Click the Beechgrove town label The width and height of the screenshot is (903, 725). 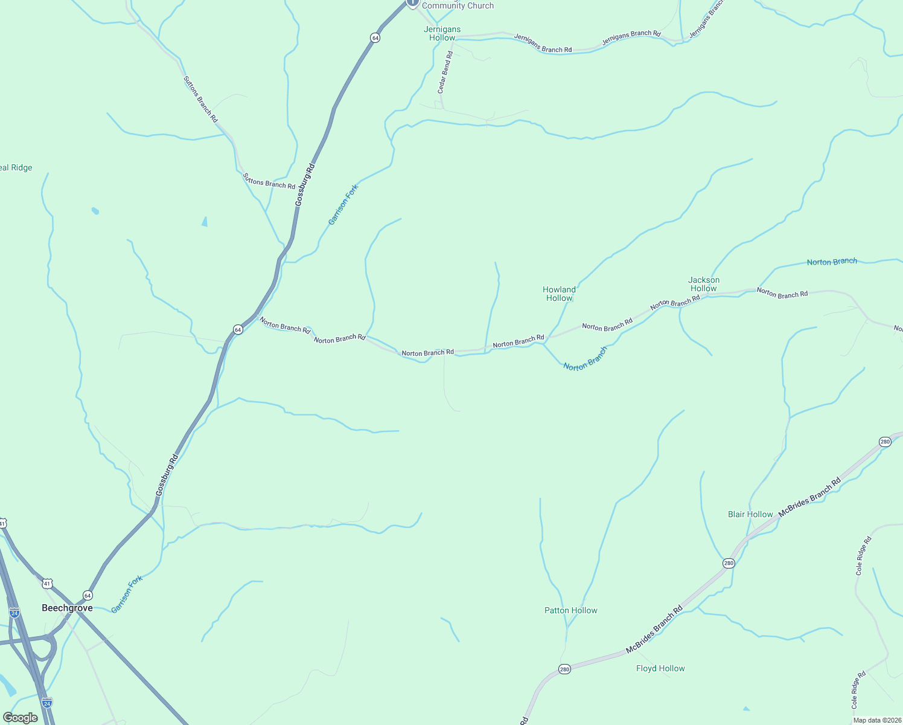click(x=67, y=608)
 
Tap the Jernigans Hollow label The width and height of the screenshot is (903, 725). click(x=442, y=33)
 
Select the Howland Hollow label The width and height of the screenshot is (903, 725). click(x=559, y=294)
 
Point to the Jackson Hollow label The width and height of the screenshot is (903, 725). click(x=704, y=284)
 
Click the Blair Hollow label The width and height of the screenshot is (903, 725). click(x=750, y=514)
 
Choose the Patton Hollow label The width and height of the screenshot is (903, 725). click(x=570, y=610)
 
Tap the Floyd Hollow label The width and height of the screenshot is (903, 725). click(x=660, y=668)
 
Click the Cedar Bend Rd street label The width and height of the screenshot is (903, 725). click(x=444, y=72)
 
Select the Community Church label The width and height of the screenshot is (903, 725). click(x=458, y=5)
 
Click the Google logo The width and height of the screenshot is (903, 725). click(x=20, y=718)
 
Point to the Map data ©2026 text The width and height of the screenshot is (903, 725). click(x=876, y=720)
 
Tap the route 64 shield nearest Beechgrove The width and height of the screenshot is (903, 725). click(x=88, y=595)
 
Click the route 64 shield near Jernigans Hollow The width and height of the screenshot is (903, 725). click(x=375, y=37)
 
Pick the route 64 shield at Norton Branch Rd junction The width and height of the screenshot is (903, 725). click(x=238, y=329)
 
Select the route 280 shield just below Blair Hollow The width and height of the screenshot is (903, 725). click(x=729, y=563)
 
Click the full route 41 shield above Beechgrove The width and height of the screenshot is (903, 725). click(x=47, y=584)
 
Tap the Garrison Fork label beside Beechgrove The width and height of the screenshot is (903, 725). click(x=127, y=594)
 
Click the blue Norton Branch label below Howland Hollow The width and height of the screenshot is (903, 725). click(x=585, y=359)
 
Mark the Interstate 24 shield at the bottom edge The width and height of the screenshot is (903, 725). click(x=47, y=703)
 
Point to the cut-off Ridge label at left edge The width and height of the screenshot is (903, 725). click(x=16, y=168)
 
